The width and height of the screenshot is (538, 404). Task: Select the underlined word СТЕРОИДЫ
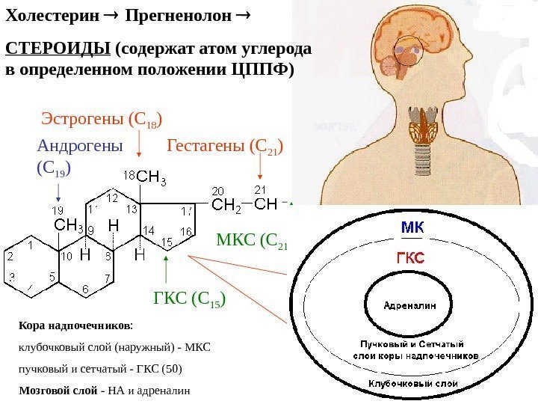pos(58,49)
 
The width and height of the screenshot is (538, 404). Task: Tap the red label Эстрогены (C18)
pos(102,119)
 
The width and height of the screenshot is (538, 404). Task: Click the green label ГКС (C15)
pos(189,300)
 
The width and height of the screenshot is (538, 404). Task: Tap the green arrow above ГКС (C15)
pos(166,269)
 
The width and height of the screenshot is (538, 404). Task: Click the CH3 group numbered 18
pos(151,178)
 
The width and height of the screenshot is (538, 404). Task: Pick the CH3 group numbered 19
pos(69,225)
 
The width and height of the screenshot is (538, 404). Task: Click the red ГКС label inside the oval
pos(410,258)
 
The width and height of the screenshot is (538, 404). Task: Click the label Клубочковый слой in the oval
pos(412,382)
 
